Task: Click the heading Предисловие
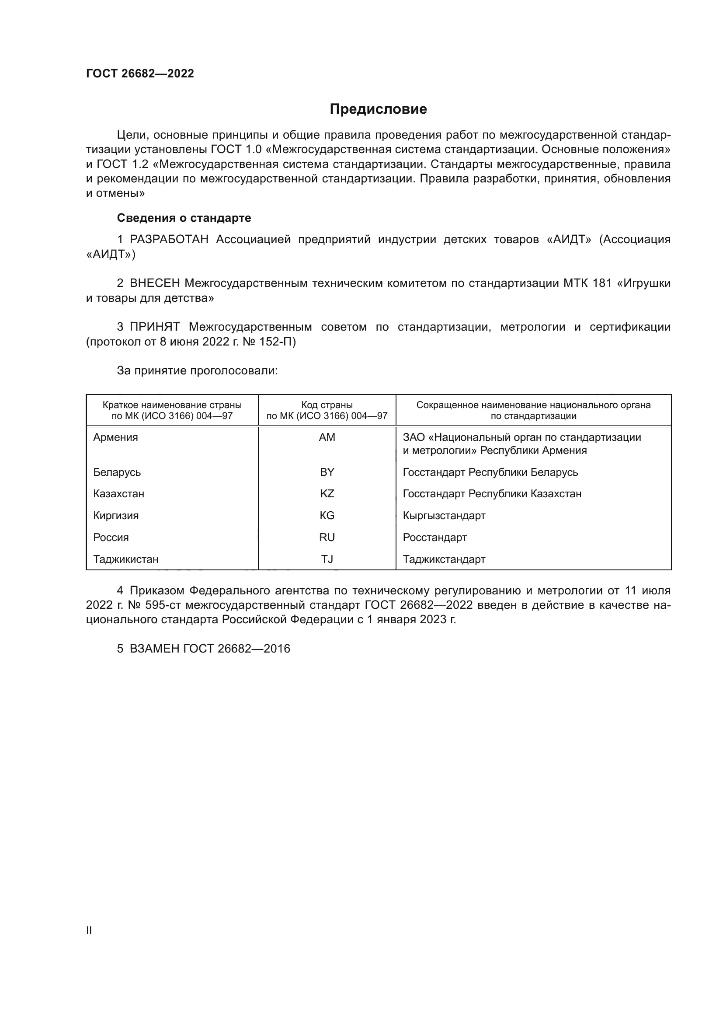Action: [378, 109]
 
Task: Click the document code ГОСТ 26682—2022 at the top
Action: [140, 74]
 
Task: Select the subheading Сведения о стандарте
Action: [184, 218]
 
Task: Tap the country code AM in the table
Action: [327, 437]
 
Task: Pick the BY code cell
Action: [327, 472]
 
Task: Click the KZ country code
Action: [327, 494]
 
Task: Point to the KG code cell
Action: [327, 516]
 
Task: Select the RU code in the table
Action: [327, 538]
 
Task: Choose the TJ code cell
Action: [327, 560]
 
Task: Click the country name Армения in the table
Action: [115, 437]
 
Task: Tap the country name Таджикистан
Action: [125, 560]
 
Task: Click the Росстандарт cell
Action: [434, 538]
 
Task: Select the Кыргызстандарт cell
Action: [444, 516]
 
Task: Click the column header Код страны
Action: [327, 405]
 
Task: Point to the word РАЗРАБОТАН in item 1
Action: [169, 240]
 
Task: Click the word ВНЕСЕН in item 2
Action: [154, 283]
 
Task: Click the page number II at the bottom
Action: [89, 930]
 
